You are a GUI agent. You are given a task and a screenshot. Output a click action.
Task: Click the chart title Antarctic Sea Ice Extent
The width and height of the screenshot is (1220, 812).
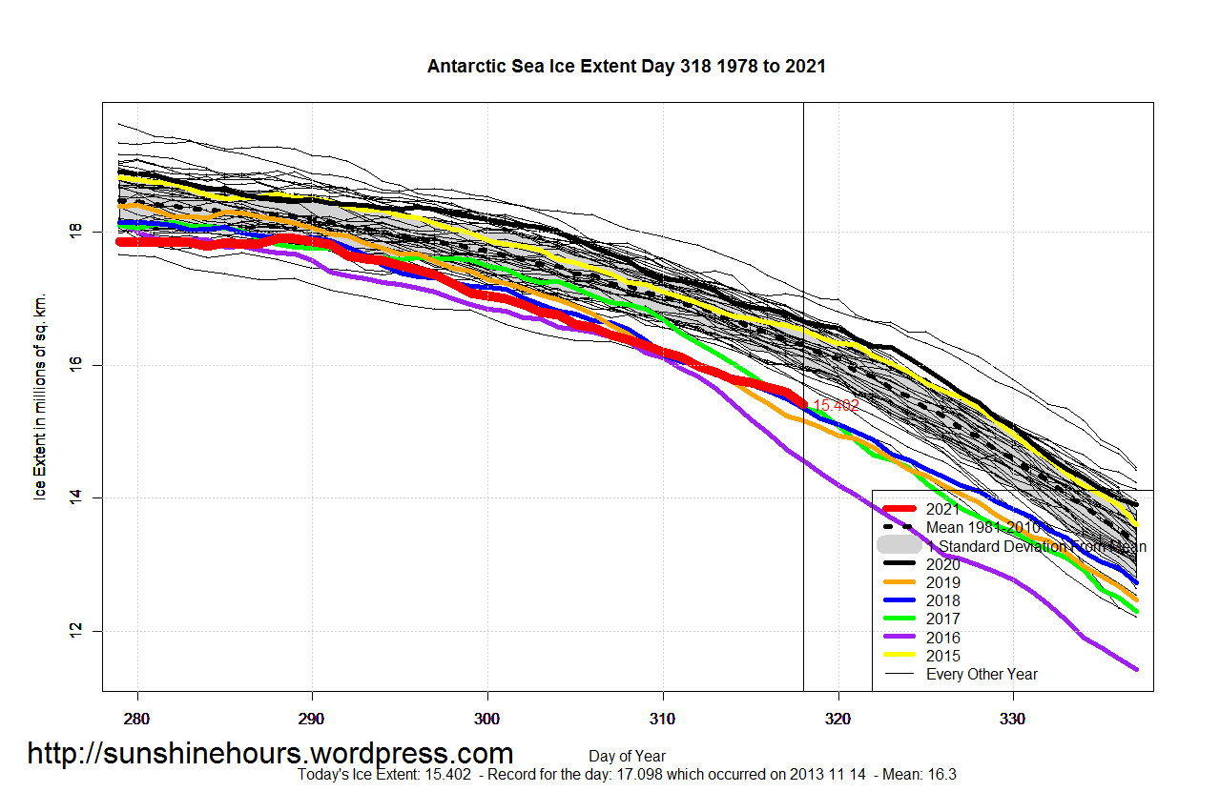coord(626,67)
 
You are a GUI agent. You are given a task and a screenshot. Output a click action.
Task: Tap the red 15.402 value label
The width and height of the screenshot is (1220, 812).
coord(836,406)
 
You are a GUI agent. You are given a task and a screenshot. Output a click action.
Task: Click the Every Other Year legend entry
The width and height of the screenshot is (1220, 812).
coord(982,674)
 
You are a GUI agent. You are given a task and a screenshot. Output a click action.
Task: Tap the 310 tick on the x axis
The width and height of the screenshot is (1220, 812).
coord(663,716)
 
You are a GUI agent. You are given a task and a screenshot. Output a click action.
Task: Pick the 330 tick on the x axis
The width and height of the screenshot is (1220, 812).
coord(1013,716)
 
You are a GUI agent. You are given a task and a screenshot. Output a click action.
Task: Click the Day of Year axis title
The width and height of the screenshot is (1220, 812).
coord(627,757)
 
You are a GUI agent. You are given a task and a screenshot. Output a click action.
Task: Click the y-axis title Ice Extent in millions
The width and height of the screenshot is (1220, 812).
coord(40,396)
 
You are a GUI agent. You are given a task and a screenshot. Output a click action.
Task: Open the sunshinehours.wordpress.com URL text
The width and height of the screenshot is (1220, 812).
coord(270,754)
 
